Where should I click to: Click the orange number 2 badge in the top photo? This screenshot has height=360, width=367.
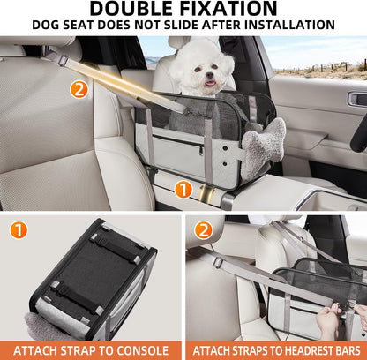(x=79, y=89)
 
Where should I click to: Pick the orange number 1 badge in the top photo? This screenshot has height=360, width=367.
(x=183, y=189)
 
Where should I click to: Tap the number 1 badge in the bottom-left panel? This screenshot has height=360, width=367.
(x=19, y=231)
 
